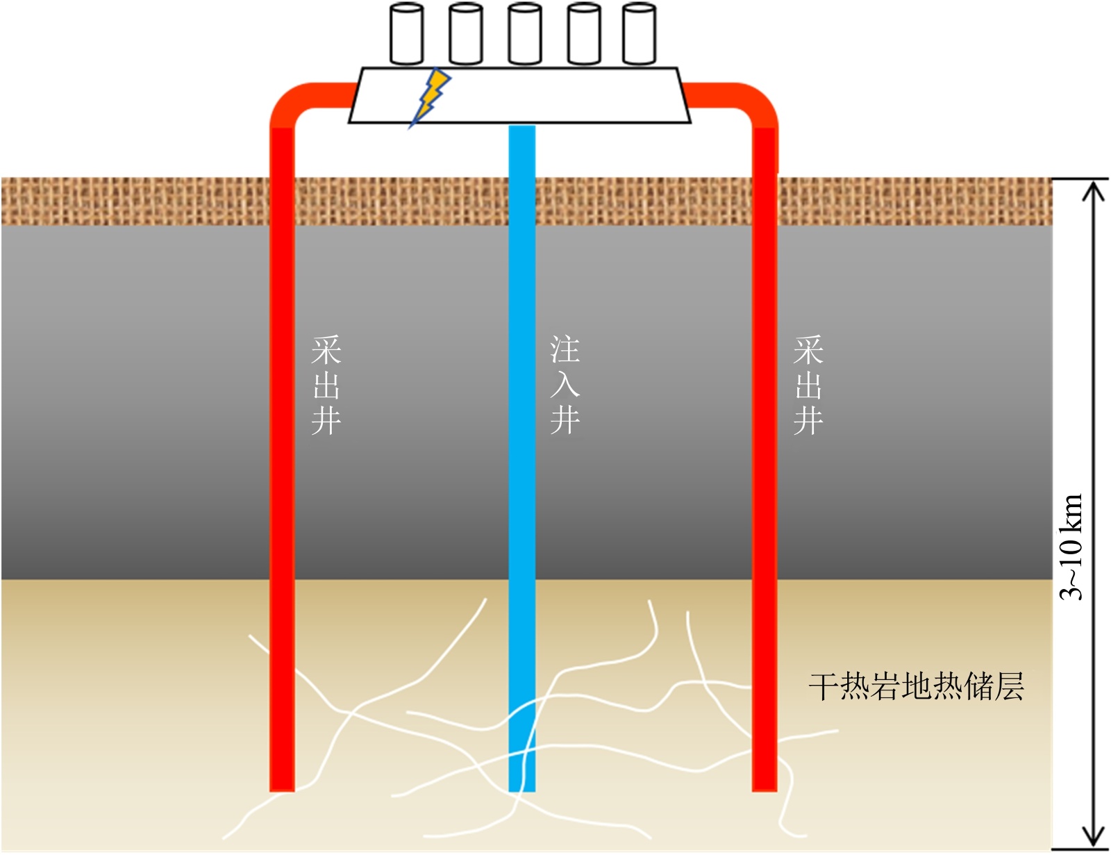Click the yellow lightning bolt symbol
click(x=431, y=96)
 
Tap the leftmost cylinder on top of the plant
click(x=406, y=34)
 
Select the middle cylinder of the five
click(x=525, y=34)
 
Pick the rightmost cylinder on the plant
click(x=639, y=34)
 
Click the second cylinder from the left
click(x=466, y=34)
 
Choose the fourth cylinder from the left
click(x=584, y=34)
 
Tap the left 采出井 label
click(x=326, y=385)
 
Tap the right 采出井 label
click(x=808, y=385)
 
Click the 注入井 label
click(x=565, y=385)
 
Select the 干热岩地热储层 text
click(x=916, y=686)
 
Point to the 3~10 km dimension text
click(x=1071, y=547)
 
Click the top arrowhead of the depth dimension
click(x=1094, y=189)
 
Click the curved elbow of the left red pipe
click(x=292, y=103)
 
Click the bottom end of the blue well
click(x=522, y=786)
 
